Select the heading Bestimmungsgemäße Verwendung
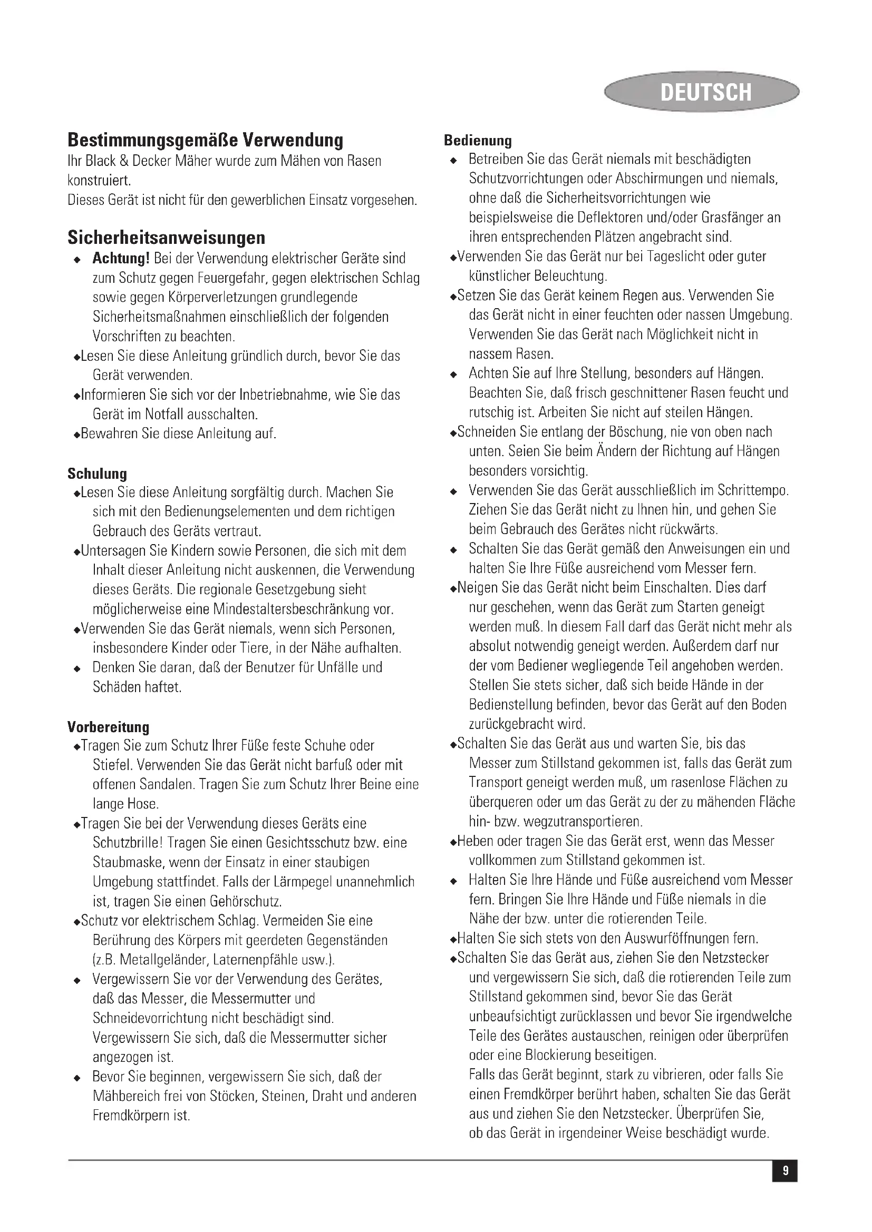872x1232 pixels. click(205, 140)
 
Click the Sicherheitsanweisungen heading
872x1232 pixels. click(167, 237)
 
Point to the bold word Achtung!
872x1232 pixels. click(121, 259)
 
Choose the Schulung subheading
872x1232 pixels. click(97, 474)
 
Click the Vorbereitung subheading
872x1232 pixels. click(109, 727)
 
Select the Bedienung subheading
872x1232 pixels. click(478, 141)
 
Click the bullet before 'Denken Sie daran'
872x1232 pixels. click(77, 669)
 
